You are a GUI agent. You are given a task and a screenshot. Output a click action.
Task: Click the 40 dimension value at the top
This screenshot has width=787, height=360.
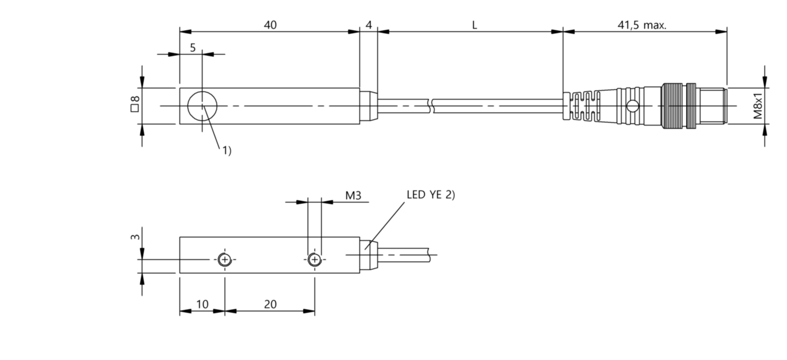coord(270,25)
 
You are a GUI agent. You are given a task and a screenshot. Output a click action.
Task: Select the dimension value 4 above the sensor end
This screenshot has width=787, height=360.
coord(369,25)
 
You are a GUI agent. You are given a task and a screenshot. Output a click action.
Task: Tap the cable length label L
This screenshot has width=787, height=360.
coord(474,25)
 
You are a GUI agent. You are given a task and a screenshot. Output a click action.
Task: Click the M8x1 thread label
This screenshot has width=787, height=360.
coord(758,106)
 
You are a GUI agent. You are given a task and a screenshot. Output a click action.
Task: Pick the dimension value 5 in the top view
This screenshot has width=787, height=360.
coord(193,48)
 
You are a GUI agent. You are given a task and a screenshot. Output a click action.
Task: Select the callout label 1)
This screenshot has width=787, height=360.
coord(226,151)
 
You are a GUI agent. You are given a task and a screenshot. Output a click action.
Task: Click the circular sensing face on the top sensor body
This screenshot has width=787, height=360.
coord(201,106)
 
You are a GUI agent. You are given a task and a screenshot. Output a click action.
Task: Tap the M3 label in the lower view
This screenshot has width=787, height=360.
coord(354,196)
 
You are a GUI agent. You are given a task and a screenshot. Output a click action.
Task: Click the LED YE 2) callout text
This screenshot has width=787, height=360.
coord(430,195)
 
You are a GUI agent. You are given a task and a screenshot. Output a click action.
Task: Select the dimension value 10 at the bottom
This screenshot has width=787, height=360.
coord(202,304)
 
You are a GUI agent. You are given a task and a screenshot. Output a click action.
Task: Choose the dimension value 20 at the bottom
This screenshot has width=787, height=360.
coord(270,304)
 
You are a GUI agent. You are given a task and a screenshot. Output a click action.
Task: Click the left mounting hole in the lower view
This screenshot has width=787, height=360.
coord(225,260)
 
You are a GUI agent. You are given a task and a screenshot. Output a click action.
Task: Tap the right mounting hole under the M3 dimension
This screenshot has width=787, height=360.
coord(314,260)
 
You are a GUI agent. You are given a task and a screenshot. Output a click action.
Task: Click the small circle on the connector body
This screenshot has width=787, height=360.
coord(631,106)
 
